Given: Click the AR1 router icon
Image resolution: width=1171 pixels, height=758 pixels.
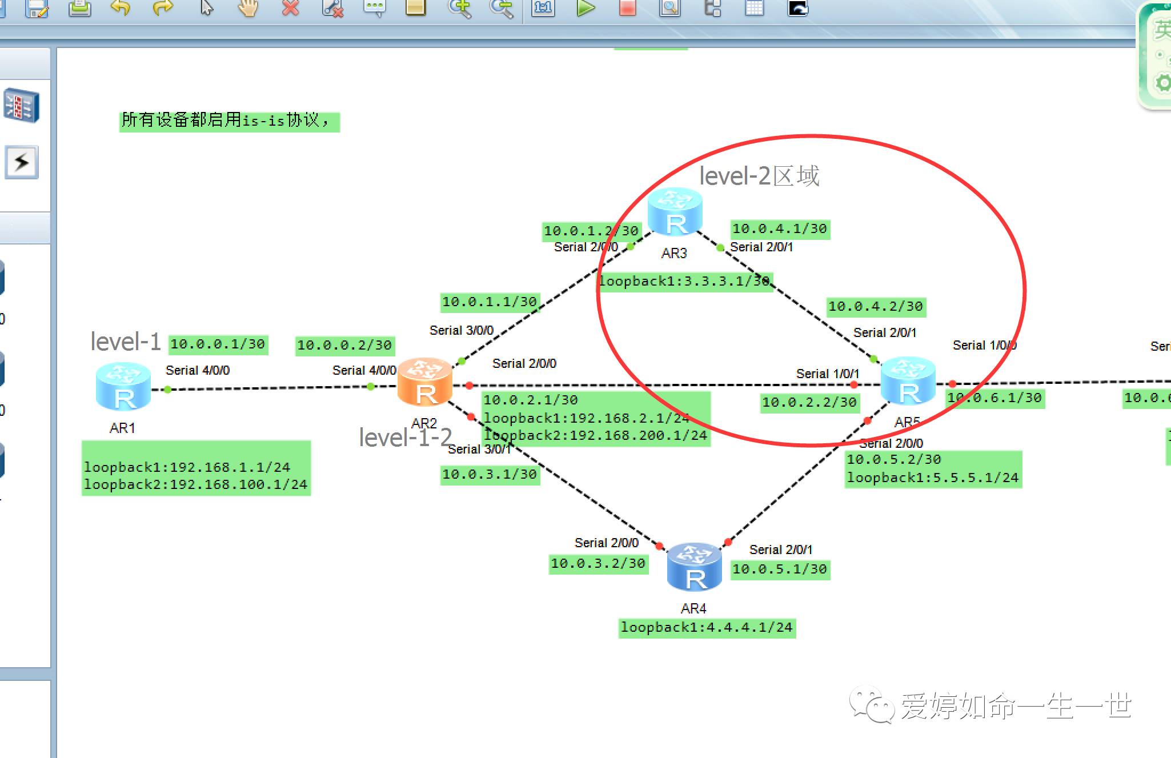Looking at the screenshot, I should point(123,387).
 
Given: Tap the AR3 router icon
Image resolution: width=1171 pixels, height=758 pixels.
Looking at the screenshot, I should point(675,212).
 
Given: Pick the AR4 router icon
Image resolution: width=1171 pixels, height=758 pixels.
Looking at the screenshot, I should point(694,567).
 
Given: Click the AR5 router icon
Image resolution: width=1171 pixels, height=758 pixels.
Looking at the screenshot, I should point(908,382).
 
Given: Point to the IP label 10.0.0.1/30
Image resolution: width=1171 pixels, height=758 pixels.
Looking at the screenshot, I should point(218,344).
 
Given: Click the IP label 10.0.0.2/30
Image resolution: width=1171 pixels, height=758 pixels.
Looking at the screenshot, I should point(344,345).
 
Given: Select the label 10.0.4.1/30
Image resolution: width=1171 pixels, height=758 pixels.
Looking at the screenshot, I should point(780,229).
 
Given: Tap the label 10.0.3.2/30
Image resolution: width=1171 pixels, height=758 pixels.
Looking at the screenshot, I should point(598,563).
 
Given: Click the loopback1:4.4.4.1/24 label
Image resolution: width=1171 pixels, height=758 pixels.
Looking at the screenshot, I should point(707,627).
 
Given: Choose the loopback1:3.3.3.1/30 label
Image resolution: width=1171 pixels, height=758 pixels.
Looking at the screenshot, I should point(684,281).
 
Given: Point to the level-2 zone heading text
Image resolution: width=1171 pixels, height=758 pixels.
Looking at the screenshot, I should point(759,176).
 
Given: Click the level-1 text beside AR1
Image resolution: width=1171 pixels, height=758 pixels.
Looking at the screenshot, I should point(126,342).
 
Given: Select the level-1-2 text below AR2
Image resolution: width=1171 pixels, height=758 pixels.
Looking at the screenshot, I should point(405,438).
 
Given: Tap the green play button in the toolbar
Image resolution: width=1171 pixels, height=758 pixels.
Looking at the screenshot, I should point(585,8).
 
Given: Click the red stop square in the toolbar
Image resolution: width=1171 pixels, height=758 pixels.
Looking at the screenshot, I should point(627,8).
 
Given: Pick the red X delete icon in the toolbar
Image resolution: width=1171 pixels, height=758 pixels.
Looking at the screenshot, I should point(291,8).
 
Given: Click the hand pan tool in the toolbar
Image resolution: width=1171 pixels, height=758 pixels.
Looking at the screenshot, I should point(248,8).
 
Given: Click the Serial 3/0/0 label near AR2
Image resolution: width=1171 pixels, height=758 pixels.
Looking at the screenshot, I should point(461,330).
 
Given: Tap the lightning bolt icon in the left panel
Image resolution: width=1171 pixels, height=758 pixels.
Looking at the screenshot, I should point(22,162).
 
